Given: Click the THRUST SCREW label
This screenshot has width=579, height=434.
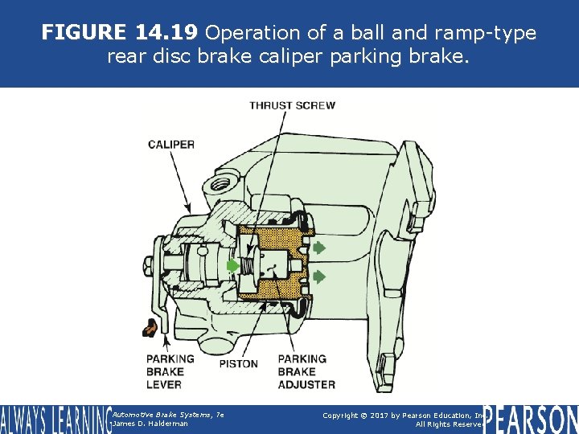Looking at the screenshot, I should tap(292, 105).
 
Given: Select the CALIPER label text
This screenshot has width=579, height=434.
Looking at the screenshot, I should tap(170, 145).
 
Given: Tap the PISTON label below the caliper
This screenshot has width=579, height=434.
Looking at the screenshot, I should tap(239, 364).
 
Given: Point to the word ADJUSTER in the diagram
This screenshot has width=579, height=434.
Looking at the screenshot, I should tap(306, 384).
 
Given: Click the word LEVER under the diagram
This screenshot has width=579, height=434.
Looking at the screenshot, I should tap(164, 384).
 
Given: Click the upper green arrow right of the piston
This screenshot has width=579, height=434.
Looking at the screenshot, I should tap(319, 247).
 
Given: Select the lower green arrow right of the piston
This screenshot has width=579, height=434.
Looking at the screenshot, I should tap(319, 276).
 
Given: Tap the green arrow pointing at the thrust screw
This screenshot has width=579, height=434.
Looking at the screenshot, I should tap(232, 264).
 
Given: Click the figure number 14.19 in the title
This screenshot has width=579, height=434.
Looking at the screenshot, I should tap(166, 32).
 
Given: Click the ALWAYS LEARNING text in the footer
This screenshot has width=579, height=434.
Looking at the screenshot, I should tap(55, 420).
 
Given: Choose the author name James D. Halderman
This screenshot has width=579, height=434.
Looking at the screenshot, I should tap(150, 424).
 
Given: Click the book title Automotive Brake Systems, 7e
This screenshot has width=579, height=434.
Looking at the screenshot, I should tap(167, 413).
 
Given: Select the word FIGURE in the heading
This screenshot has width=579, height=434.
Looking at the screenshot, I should tap(84, 32).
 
